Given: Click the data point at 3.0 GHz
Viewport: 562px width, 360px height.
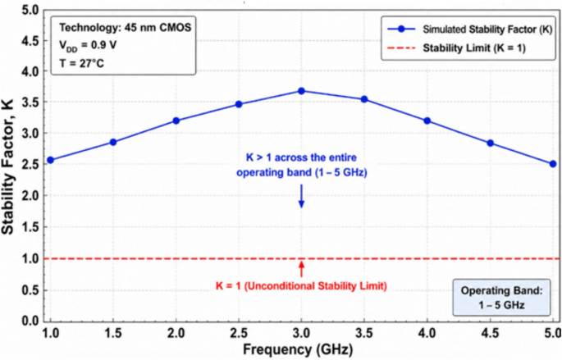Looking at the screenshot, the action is click(301, 91).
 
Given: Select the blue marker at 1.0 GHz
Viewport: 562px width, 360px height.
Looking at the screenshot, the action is click(51, 160).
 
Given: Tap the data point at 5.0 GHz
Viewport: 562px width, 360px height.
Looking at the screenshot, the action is click(553, 164).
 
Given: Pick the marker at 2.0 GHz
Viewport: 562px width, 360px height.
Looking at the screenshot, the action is click(176, 121).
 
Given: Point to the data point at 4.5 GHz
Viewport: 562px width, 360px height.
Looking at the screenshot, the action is click(491, 144).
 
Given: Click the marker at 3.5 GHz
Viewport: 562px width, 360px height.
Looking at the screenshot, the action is click(364, 99).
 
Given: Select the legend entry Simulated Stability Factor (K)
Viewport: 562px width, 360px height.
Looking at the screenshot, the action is click(469, 30).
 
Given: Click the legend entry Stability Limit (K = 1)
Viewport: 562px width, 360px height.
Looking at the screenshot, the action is click(457, 48).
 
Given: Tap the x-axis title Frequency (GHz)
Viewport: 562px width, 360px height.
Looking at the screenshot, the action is click(298, 349).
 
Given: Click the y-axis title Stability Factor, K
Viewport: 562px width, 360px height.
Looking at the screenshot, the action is click(7, 167).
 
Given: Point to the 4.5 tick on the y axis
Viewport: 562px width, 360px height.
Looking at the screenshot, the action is click(30, 40).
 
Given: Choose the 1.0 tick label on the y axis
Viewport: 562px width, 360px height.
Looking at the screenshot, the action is click(30, 258).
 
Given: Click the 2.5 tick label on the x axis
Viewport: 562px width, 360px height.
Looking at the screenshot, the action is click(239, 334).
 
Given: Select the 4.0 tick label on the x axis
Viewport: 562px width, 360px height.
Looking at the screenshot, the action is click(427, 334).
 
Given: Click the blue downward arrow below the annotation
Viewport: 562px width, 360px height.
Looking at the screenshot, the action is click(301, 196).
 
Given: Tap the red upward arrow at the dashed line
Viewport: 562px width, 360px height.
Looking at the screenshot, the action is click(301, 269).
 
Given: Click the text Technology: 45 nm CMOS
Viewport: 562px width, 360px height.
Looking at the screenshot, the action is click(125, 28).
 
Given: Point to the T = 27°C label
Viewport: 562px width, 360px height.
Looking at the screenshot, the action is click(81, 63).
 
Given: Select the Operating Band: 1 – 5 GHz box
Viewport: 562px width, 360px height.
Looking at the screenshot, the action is click(501, 298).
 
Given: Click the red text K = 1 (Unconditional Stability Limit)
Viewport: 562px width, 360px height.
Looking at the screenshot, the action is click(301, 286).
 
